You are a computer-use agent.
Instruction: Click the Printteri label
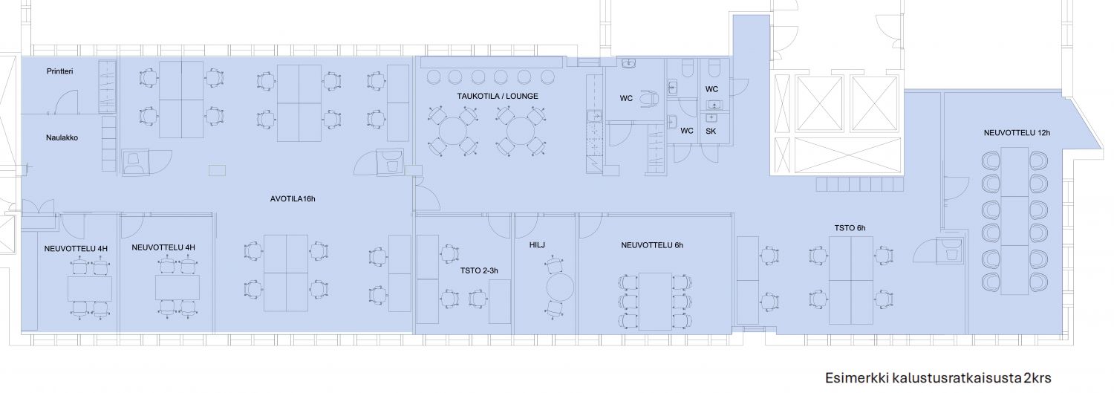(59, 71)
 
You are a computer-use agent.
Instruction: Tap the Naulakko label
(62, 137)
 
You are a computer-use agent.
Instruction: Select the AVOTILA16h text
(293, 199)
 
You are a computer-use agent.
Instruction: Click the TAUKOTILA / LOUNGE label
(498, 96)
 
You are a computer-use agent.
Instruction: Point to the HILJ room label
(537, 244)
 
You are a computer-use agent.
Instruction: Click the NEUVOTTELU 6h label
(652, 244)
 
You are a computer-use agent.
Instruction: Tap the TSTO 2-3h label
(479, 270)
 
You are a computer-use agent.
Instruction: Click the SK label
(711, 131)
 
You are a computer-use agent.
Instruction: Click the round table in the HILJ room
(561, 288)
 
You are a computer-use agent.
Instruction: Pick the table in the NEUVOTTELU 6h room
(656, 301)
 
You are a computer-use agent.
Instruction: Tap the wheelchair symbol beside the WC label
(649, 99)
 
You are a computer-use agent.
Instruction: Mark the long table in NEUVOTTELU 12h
(1014, 221)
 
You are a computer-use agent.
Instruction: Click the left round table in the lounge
(452, 131)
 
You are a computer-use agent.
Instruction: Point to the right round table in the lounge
(520, 131)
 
